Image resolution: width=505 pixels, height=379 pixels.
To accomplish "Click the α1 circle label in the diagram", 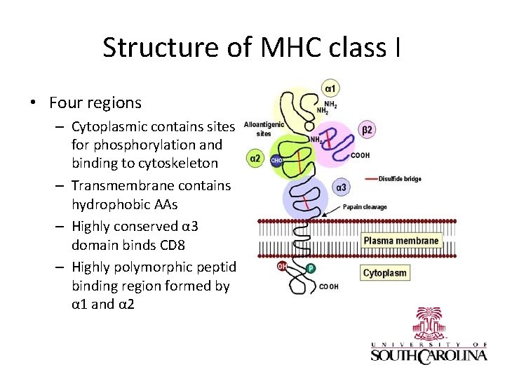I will pyautogui.click(x=329, y=89).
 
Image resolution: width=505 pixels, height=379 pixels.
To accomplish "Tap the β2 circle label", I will pyautogui.click(x=367, y=129).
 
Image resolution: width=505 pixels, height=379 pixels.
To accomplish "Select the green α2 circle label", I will pyautogui.click(x=255, y=159).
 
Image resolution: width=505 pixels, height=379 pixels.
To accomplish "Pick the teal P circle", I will pyautogui.click(x=310, y=269).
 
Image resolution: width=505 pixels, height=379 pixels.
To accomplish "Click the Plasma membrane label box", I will pyautogui.click(x=401, y=241).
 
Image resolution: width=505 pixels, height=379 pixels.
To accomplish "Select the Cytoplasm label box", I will pyautogui.click(x=384, y=273).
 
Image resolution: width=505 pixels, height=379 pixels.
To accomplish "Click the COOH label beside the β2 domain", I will pyautogui.click(x=360, y=155).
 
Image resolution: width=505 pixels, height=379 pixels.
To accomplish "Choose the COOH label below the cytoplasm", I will pyautogui.click(x=329, y=286).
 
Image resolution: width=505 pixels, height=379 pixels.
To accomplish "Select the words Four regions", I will pyautogui.click(x=95, y=103).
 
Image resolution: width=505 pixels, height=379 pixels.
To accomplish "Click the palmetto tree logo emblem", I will pyautogui.click(x=429, y=324).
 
